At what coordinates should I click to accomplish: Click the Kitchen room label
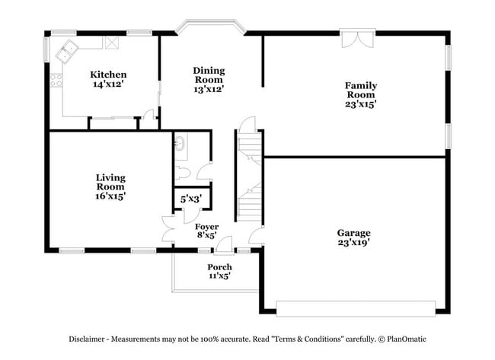click(x=108, y=75)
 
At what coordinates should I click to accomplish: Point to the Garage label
click(x=354, y=233)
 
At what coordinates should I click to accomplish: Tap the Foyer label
click(x=206, y=227)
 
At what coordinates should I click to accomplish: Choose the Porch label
click(x=219, y=267)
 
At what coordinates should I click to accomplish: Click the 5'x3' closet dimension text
click(x=190, y=199)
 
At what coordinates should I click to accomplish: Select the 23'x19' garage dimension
click(x=354, y=243)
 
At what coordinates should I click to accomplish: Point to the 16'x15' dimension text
click(x=110, y=196)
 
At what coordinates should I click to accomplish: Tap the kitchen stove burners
click(x=56, y=79)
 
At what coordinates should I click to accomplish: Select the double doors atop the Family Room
click(x=357, y=39)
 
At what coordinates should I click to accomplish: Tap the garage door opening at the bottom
click(x=355, y=307)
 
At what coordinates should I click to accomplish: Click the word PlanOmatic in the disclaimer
click(x=417, y=339)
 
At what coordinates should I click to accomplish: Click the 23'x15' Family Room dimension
click(x=361, y=104)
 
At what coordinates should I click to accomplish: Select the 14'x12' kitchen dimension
click(x=108, y=84)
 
